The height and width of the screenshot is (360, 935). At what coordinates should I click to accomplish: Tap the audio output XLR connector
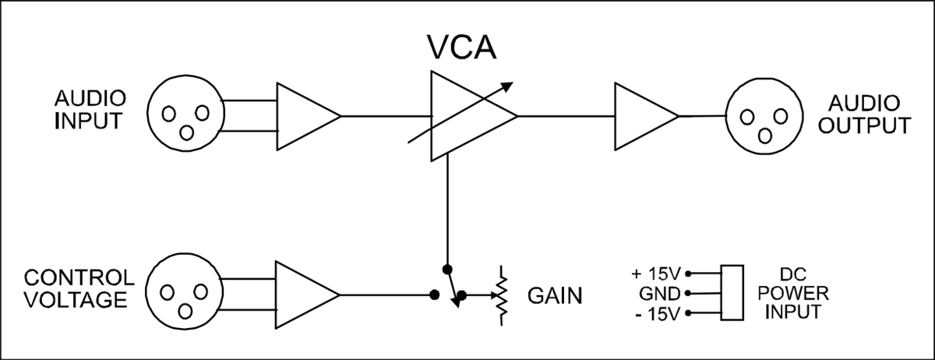pyautogui.click(x=760, y=116)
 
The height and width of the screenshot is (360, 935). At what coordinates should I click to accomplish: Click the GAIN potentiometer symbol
pyautogui.click(x=503, y=296)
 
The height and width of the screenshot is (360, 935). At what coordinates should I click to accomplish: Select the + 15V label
pyautogui.click(x=656, y=274)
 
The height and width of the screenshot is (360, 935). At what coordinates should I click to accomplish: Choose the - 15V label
pyautogui.click(x=656, y=314)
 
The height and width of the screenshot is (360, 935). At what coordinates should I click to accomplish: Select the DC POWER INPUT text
pyautogui.click(x=797, y=294)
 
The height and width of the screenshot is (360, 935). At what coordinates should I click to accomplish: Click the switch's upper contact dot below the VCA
pyautogui.click(x=446, y=269)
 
